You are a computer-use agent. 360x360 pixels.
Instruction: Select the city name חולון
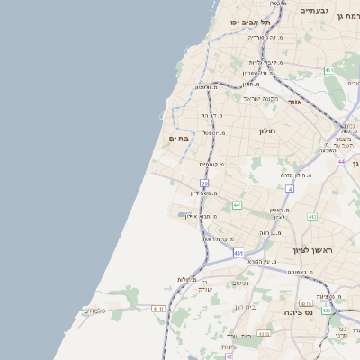[x=266, y=130]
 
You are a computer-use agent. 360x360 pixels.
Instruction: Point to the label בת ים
[x=178, y=138]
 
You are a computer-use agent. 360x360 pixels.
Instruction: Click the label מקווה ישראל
[x=261, y=98]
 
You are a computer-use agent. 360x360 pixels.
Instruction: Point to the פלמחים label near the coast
[x=94, y=310]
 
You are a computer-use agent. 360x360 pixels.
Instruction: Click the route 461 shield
[x=329, y=70]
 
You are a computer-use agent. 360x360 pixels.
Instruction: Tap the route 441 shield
[x=237, y=205]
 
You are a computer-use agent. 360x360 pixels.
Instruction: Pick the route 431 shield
[x=238, y=254]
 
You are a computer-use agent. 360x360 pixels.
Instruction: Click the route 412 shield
[x=312, y=217]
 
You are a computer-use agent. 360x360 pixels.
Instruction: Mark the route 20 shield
[x=205, y=184]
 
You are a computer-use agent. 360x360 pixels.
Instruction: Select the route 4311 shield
[x=159, y=309]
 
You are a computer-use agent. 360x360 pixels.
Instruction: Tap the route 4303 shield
[x=264, y=333]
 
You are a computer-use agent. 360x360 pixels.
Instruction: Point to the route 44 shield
[x=342, y=161]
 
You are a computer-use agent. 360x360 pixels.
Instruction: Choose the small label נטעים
[x=240, y=283]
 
